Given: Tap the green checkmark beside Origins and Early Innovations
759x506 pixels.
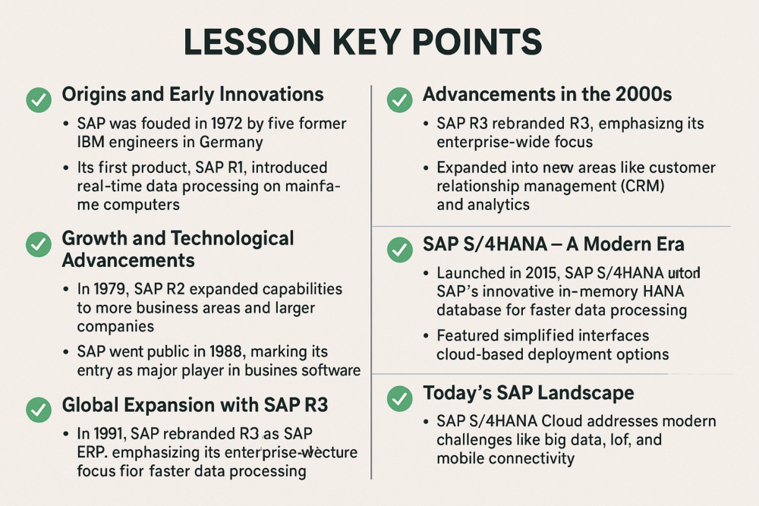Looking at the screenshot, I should click(39, 99).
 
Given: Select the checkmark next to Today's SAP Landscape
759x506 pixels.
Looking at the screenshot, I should click(399, 397).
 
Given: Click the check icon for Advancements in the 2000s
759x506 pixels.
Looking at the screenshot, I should click(399, 99).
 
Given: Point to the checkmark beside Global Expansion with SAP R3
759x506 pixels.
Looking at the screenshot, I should click(39, 408).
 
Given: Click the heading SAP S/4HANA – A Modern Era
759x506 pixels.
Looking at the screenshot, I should click(553, 245).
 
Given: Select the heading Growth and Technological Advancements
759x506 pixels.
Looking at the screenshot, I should click(178, 249).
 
